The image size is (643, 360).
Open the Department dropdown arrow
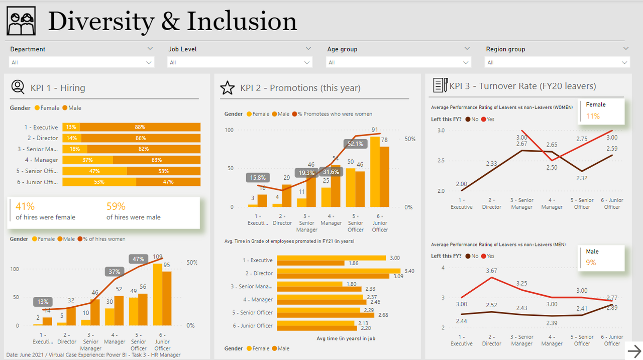(x=150, y=49)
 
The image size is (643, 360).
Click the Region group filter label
(x=505, y=49)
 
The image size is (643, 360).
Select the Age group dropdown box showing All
(x=399, y=62)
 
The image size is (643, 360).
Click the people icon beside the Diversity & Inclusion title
(x=21, y=21)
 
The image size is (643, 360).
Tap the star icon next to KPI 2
(x=228, y=88)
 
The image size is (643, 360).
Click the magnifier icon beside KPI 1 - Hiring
(x=18, y=87)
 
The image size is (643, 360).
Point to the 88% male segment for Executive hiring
(x=140, y=127)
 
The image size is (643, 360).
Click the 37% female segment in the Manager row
(x=87, y=160)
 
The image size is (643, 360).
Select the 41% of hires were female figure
(x=25, y=206)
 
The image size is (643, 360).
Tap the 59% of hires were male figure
(x=116, y=206)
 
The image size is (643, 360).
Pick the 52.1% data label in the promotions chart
(x=355, y=144)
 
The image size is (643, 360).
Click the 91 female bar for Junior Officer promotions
(x=375, y=171)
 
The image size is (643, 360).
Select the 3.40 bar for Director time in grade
(x=338, y=271)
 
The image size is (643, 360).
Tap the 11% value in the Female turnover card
(x=593, y=116)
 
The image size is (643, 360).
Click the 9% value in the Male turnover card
(x=591, y=262)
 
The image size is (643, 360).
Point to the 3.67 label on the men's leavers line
(x=491, y=271)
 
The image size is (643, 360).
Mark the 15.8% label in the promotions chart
(x=258, y=178)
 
